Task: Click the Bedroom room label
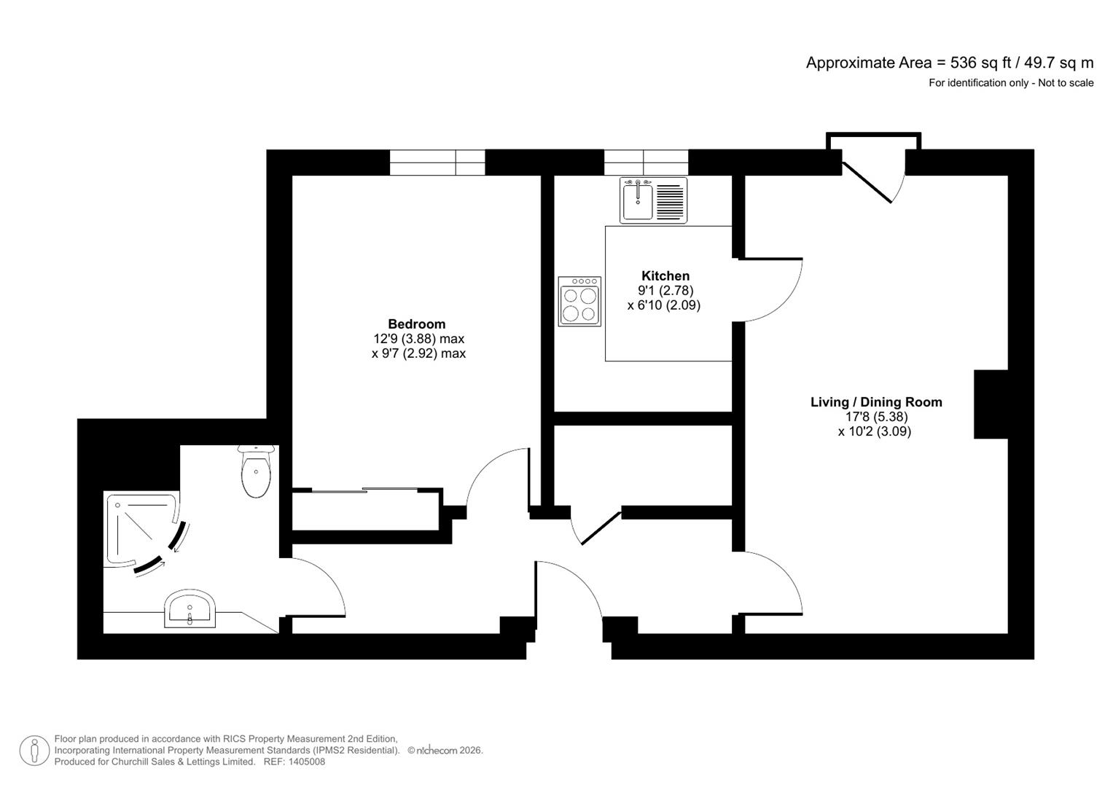click(416, 324)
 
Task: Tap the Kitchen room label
click(665, 276)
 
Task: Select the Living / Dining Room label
click(875, 402)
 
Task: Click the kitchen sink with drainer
click(653, 200)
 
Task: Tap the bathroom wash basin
click(190, 609)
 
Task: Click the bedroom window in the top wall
click(437, 163)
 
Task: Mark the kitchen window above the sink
click(645, 163)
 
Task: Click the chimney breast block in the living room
click(991, 404)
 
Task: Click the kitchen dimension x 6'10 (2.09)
click(663, 305)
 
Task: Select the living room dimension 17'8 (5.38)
click(875, 417)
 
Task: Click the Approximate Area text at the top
click(949, 63)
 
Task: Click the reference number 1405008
click(307, 762)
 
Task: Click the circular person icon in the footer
click(34, 751)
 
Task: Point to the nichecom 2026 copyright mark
click(445, 751)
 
